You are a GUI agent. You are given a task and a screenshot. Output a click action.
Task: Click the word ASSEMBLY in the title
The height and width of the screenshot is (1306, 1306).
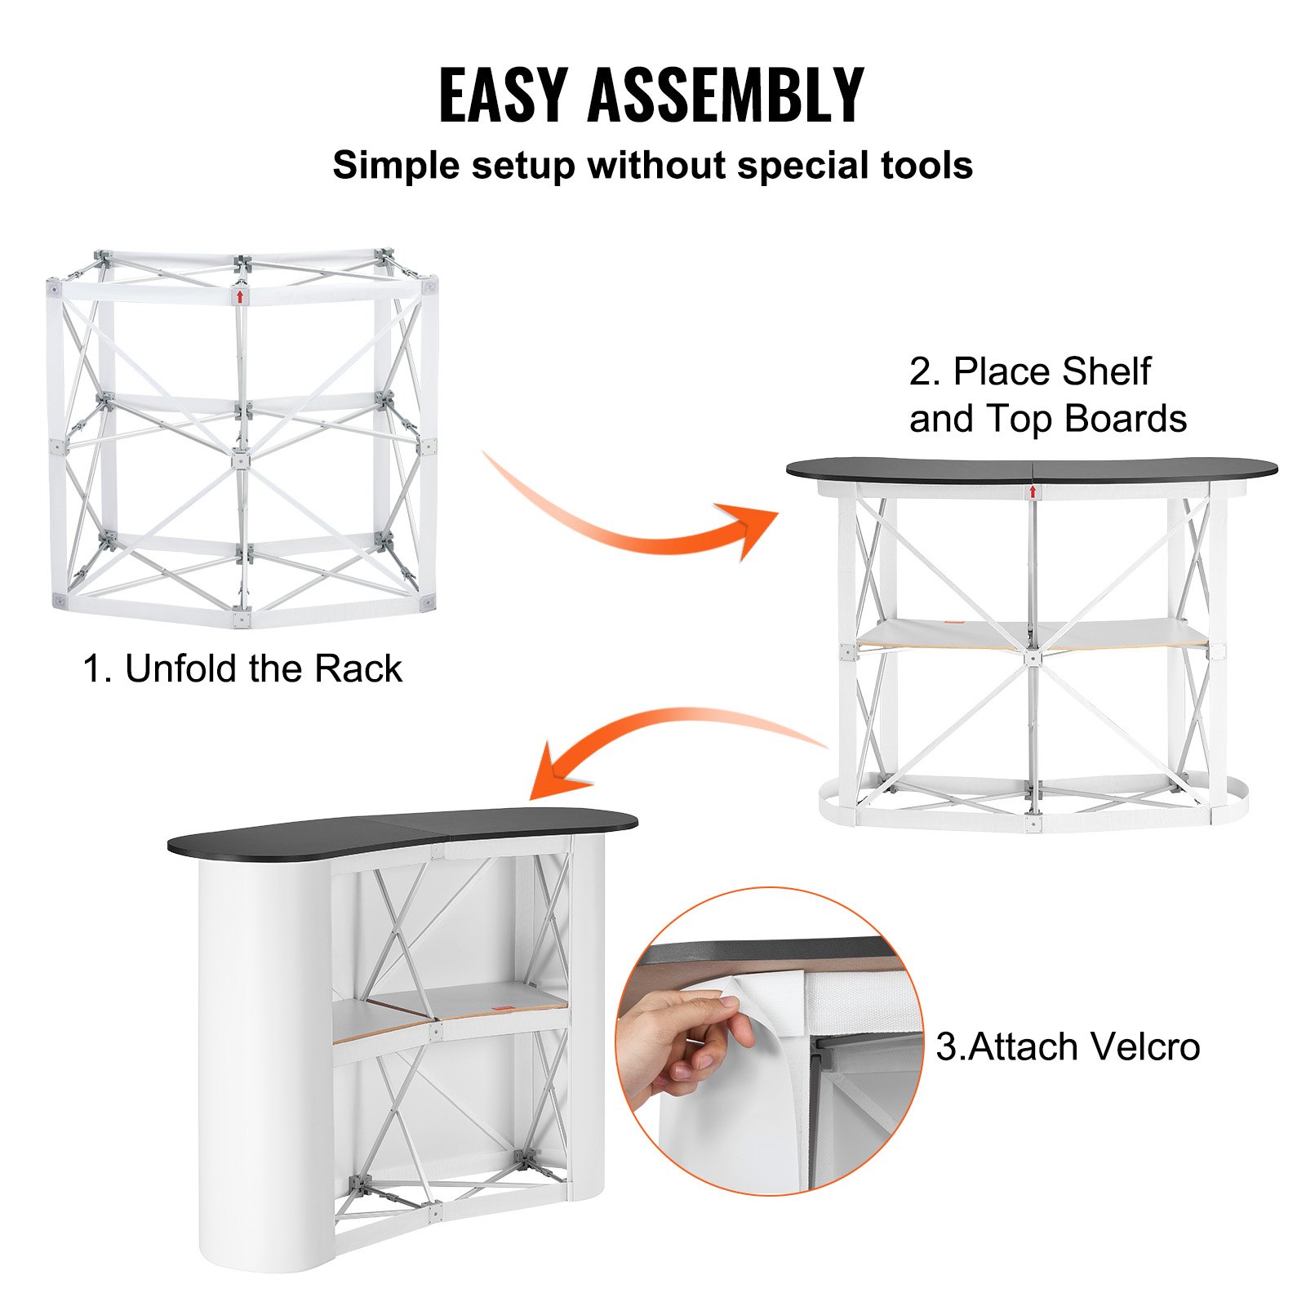click(x=725, y=95)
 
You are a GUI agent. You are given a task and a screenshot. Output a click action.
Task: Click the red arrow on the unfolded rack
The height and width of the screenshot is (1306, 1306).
click(x=240, y=295)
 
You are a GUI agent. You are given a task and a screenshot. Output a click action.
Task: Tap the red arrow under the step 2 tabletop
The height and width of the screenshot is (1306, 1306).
click(x=1033, y=491)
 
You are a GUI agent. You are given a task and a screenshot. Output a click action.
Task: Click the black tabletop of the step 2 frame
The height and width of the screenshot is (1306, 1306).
click(x=1031, y=469)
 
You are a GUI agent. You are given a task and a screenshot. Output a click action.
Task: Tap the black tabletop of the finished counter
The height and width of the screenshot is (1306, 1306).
click(x=400, y=831)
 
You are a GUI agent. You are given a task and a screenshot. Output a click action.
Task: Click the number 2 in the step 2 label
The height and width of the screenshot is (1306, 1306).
click(x=921, y=372)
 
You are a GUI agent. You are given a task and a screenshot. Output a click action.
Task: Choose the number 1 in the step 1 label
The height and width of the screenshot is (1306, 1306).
click(x=92, y=669)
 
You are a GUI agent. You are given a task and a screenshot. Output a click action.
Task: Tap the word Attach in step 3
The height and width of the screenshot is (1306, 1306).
click(x=1016, y=1047)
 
